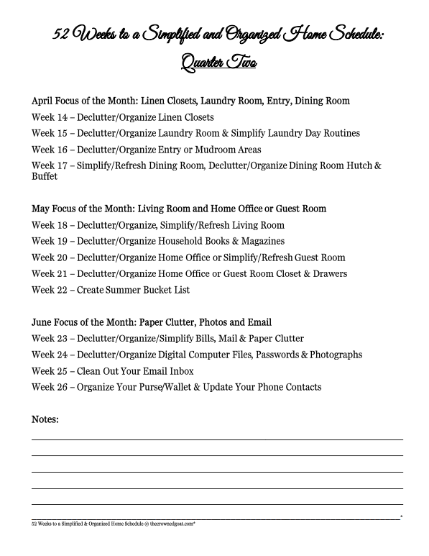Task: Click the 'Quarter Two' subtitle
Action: coord(215,63)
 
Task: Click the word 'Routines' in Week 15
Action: coord(338,133)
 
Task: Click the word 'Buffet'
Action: coord(45,176)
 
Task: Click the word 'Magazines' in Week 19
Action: coord(261,241)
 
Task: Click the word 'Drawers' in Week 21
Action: coord(328,273)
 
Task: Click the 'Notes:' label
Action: coord(45,419)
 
